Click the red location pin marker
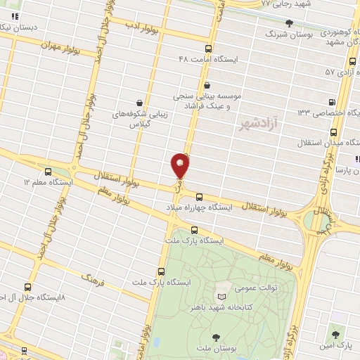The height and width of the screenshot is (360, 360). tap(180, 166)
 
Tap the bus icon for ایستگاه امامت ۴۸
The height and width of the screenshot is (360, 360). tap(208, 49)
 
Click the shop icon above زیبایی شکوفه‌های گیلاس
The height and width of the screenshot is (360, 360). tap(139, 103)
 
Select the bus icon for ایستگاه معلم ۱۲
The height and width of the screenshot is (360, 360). tap(48, 171)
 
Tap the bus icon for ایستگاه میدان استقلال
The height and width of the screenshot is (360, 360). tap(333, 131)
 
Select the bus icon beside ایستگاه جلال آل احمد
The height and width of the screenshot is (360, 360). tap(27, 287)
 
